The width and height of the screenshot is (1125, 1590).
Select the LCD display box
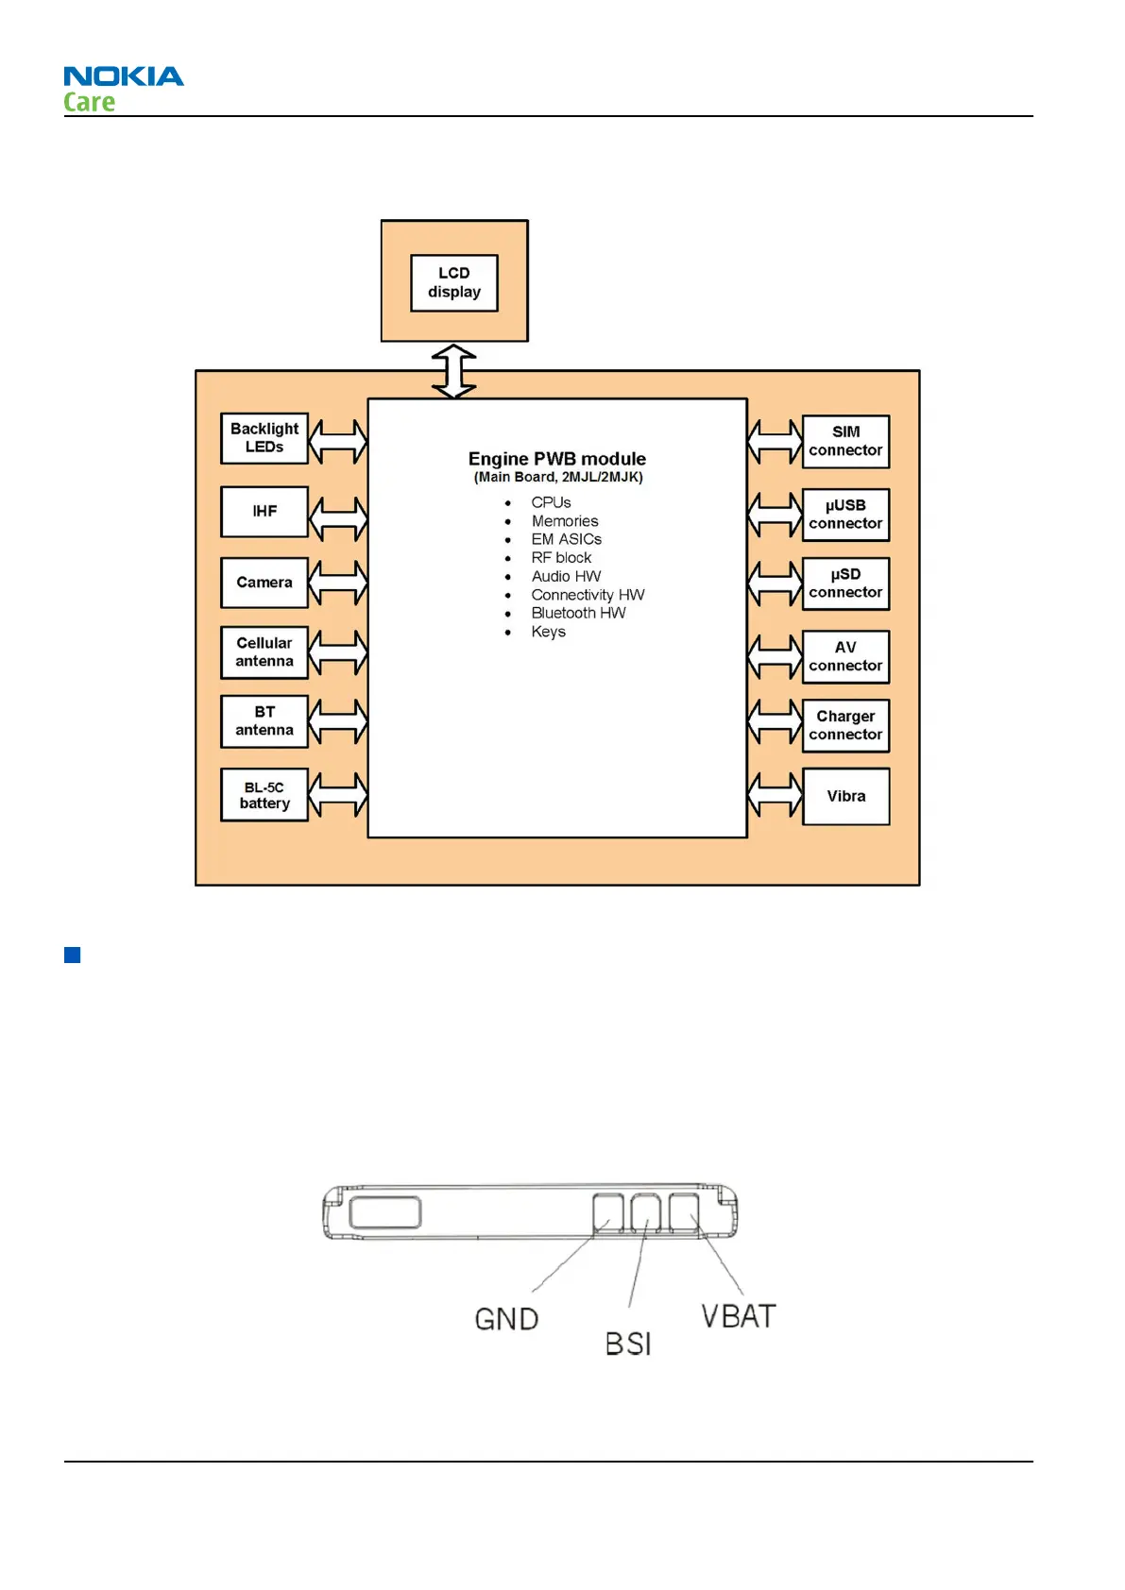point(453,282)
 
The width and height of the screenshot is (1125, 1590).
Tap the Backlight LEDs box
point(264,438)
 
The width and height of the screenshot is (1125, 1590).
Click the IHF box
point(264,512)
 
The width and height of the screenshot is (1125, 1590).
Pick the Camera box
point(264,583)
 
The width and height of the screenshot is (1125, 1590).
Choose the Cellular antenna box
point(264,652)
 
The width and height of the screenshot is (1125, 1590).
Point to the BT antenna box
point(264,721)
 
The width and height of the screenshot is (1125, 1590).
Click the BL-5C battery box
point(264,795)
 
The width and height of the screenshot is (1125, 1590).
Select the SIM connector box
point(845,442)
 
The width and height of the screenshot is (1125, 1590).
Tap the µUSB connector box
point(845,515)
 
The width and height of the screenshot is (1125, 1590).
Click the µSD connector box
point(845,584)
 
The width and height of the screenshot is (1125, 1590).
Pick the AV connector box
point(845,656)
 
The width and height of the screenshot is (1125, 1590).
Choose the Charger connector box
point(845,725)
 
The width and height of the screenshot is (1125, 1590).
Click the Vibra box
point(845,796)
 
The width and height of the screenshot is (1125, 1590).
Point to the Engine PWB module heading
point(557,459)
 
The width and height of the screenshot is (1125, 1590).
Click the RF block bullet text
point(561,558)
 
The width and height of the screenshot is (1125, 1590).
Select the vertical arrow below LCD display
point(453,370)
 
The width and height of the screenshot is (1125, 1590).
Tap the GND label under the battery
point(506,1319)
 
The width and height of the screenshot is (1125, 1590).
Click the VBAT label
point(739,1316)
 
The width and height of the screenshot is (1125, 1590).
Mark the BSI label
point(628,1344)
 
